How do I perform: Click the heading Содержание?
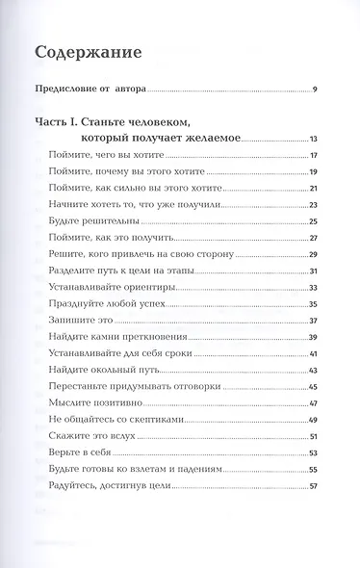94,52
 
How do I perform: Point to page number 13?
313,140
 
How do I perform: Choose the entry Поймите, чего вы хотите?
92,155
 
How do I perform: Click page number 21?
313,189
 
